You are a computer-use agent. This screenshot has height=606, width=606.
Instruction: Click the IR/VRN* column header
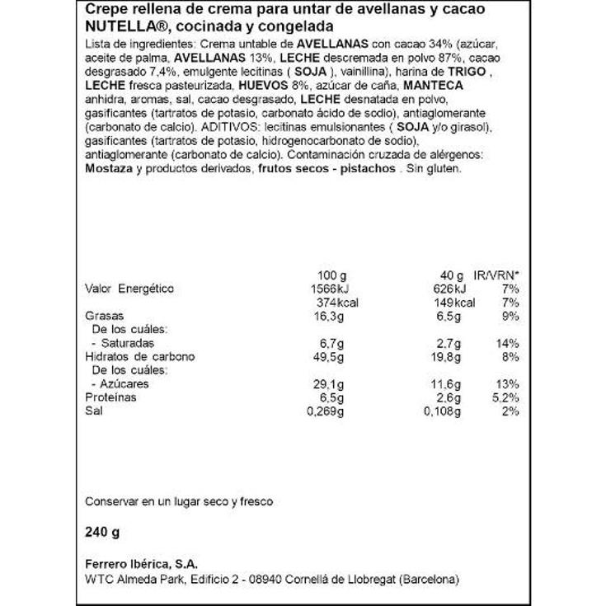pyautogui.click(x=496, y=275)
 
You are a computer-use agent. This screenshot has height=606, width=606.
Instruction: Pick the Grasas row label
pyautogui.click(x=105, y=316)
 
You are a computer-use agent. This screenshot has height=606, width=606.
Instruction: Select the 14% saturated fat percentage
pyautogui.click(x=507, y=343)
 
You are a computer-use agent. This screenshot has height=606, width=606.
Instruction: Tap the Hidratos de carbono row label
pyautogui.click(x=140, y=357)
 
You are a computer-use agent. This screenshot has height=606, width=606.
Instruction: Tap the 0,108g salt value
pyautogui.click(x=450, y=411)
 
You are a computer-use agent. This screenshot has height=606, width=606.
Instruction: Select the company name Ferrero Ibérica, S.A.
pyautogui.click(x=139, y=563)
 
